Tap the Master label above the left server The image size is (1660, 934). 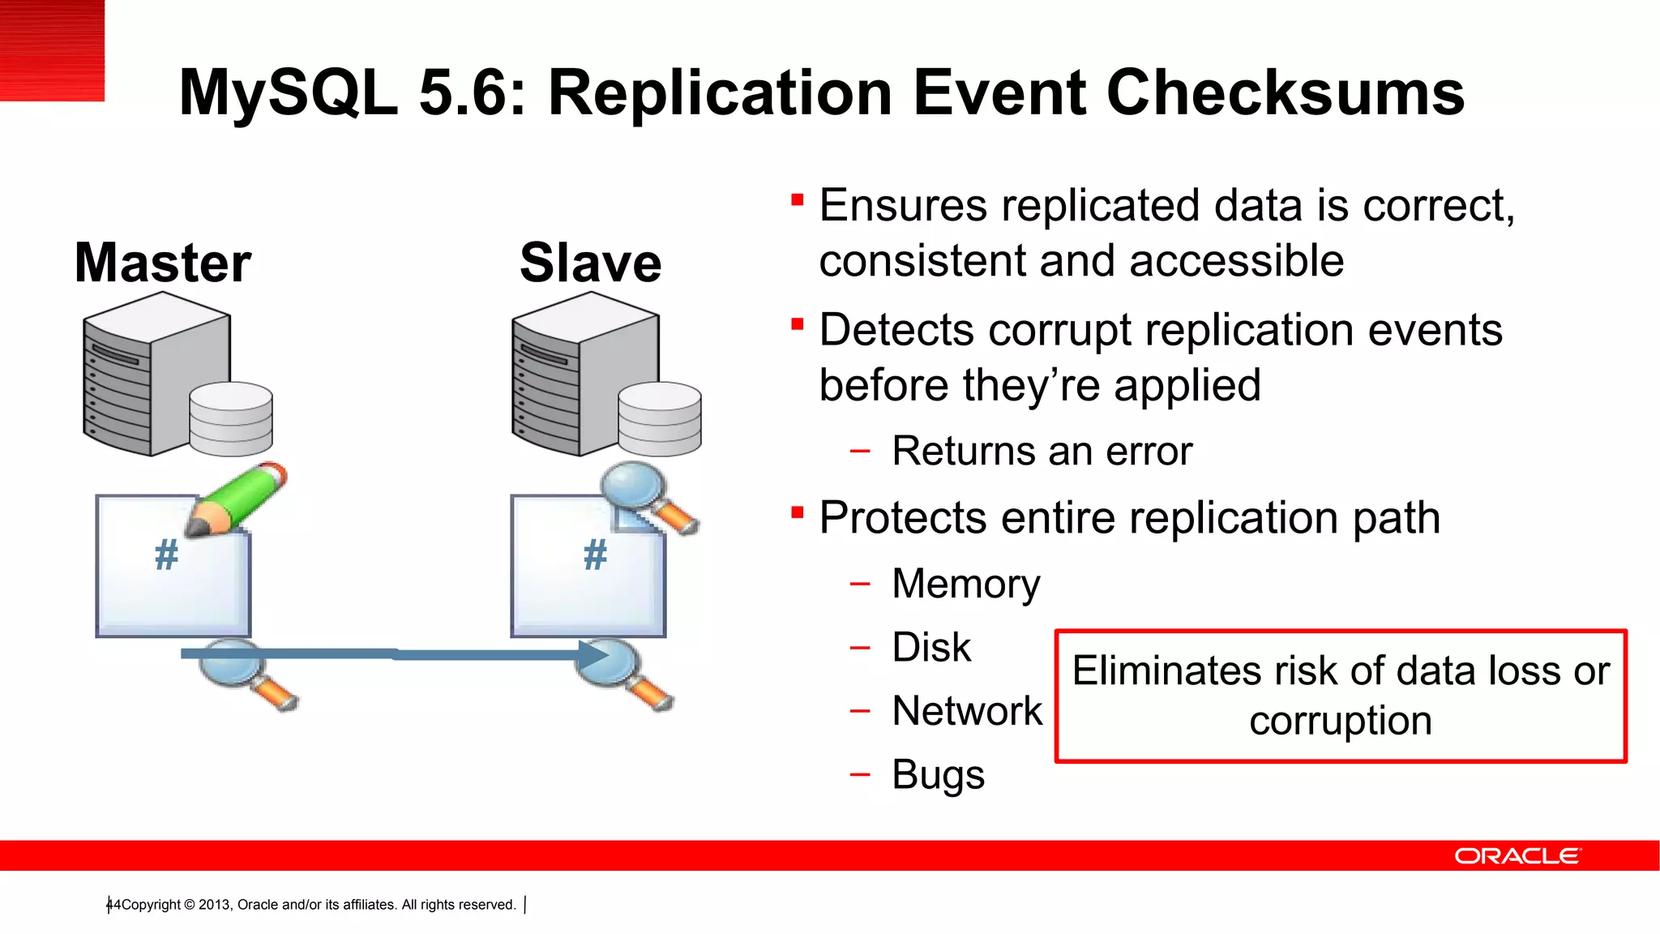(163, 263)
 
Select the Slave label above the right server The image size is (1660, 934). (590, 263)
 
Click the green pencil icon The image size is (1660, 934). (237, 499)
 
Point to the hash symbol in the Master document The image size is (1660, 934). (166, 555)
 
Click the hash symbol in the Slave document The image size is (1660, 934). (595, 555)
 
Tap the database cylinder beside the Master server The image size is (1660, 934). (231, 418)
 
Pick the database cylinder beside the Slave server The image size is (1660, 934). (659, 418)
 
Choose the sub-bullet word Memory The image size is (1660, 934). (965, 584)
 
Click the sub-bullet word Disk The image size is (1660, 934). (931, 647)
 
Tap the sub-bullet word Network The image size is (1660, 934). (967, 711)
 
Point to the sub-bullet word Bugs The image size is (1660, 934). (938, 775)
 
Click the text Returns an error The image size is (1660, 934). (1042, 451)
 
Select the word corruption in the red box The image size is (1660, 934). (1341, 721)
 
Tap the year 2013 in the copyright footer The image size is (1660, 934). (214, 905)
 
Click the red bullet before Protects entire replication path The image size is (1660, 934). (798, 512)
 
